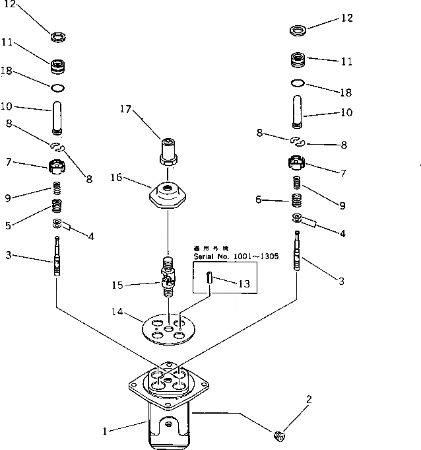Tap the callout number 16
pos(116,177)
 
